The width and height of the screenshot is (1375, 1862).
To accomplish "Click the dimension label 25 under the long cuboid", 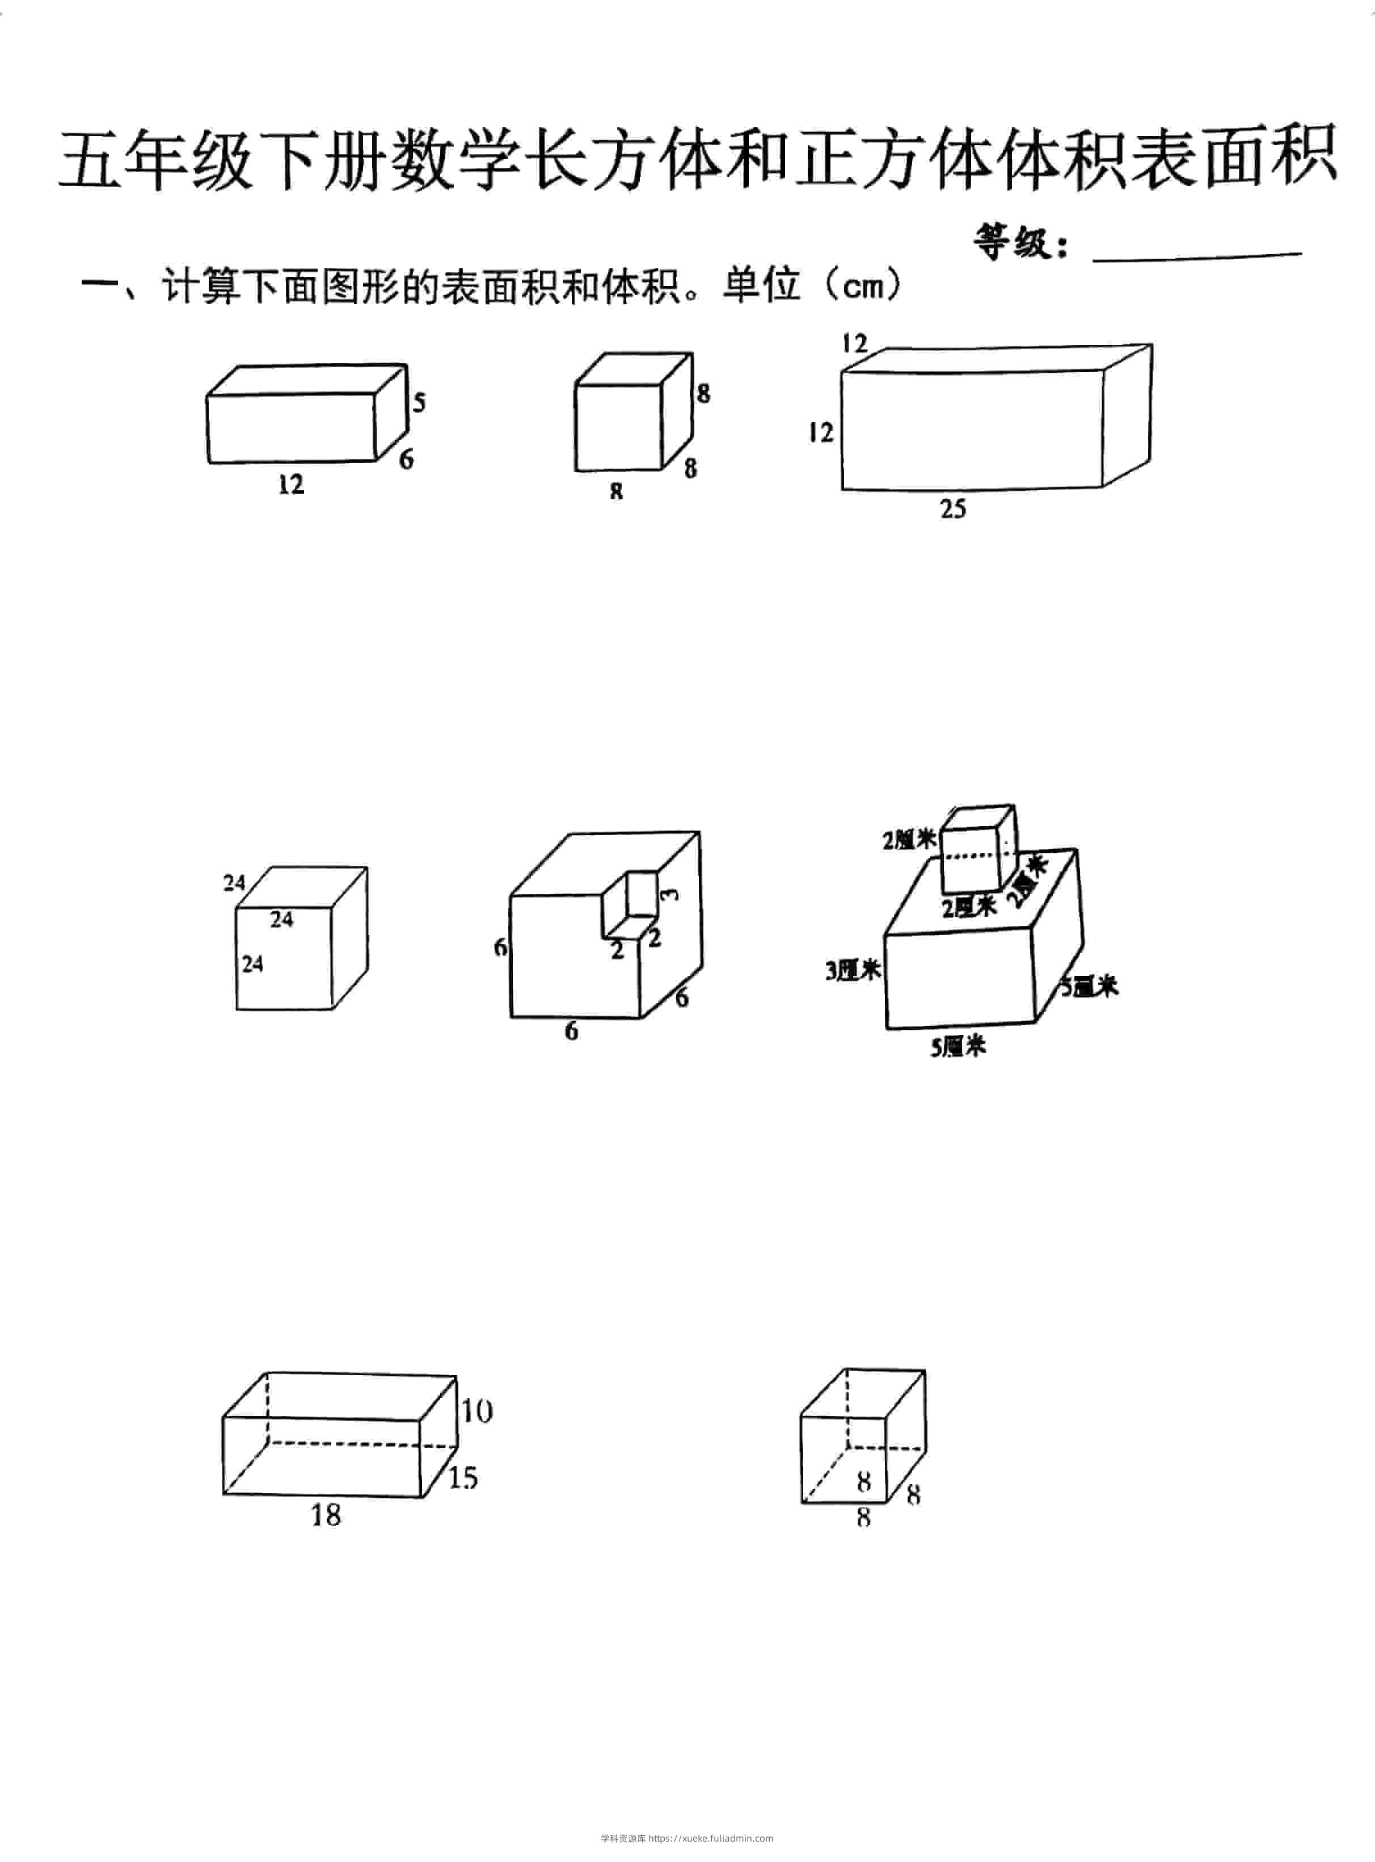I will [x=953, y=508].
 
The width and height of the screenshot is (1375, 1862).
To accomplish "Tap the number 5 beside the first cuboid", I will [x=419, y=402].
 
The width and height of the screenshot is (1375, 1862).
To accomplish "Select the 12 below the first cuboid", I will [x=290, y=485].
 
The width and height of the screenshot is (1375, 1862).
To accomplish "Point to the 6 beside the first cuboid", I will [x=406, y=458].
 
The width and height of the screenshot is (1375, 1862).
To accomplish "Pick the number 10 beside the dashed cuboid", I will [x=477, y=1411].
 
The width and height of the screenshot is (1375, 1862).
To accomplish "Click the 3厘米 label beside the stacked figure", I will [x=853, y=970].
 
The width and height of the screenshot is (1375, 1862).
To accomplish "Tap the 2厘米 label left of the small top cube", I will [x=910, y=841].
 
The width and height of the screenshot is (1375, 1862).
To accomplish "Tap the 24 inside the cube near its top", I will [x=281, y=919].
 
